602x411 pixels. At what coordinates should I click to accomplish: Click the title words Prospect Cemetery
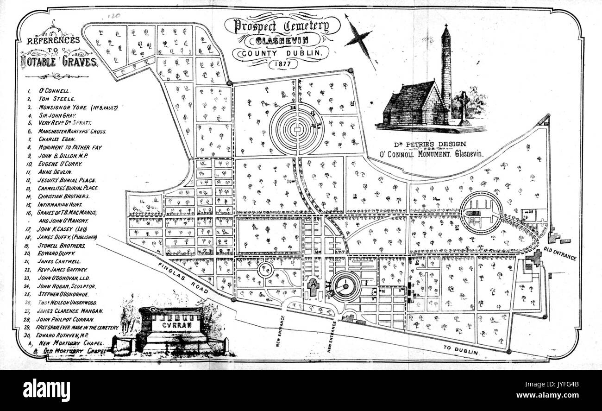tap(282, 26)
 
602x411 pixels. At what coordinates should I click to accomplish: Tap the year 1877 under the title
tap(282, 64)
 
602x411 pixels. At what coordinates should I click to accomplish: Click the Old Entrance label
tap(560, 254)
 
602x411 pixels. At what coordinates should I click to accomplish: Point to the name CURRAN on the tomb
tap(171, 325)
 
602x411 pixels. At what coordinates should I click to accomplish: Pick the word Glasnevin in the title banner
tap(282, 41)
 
